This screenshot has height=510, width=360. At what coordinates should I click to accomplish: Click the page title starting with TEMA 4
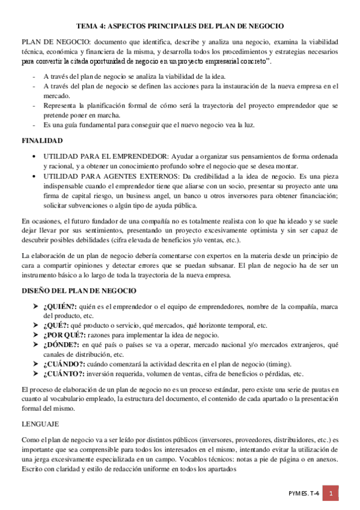pos(180,26)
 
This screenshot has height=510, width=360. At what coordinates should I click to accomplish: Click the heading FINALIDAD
pos(42,140)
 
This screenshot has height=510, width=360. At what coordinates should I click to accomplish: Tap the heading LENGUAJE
pos(40,423)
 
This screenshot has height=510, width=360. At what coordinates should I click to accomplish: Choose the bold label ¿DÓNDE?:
pos(61,344)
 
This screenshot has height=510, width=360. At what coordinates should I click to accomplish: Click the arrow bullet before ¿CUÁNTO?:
pos(36,373)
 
